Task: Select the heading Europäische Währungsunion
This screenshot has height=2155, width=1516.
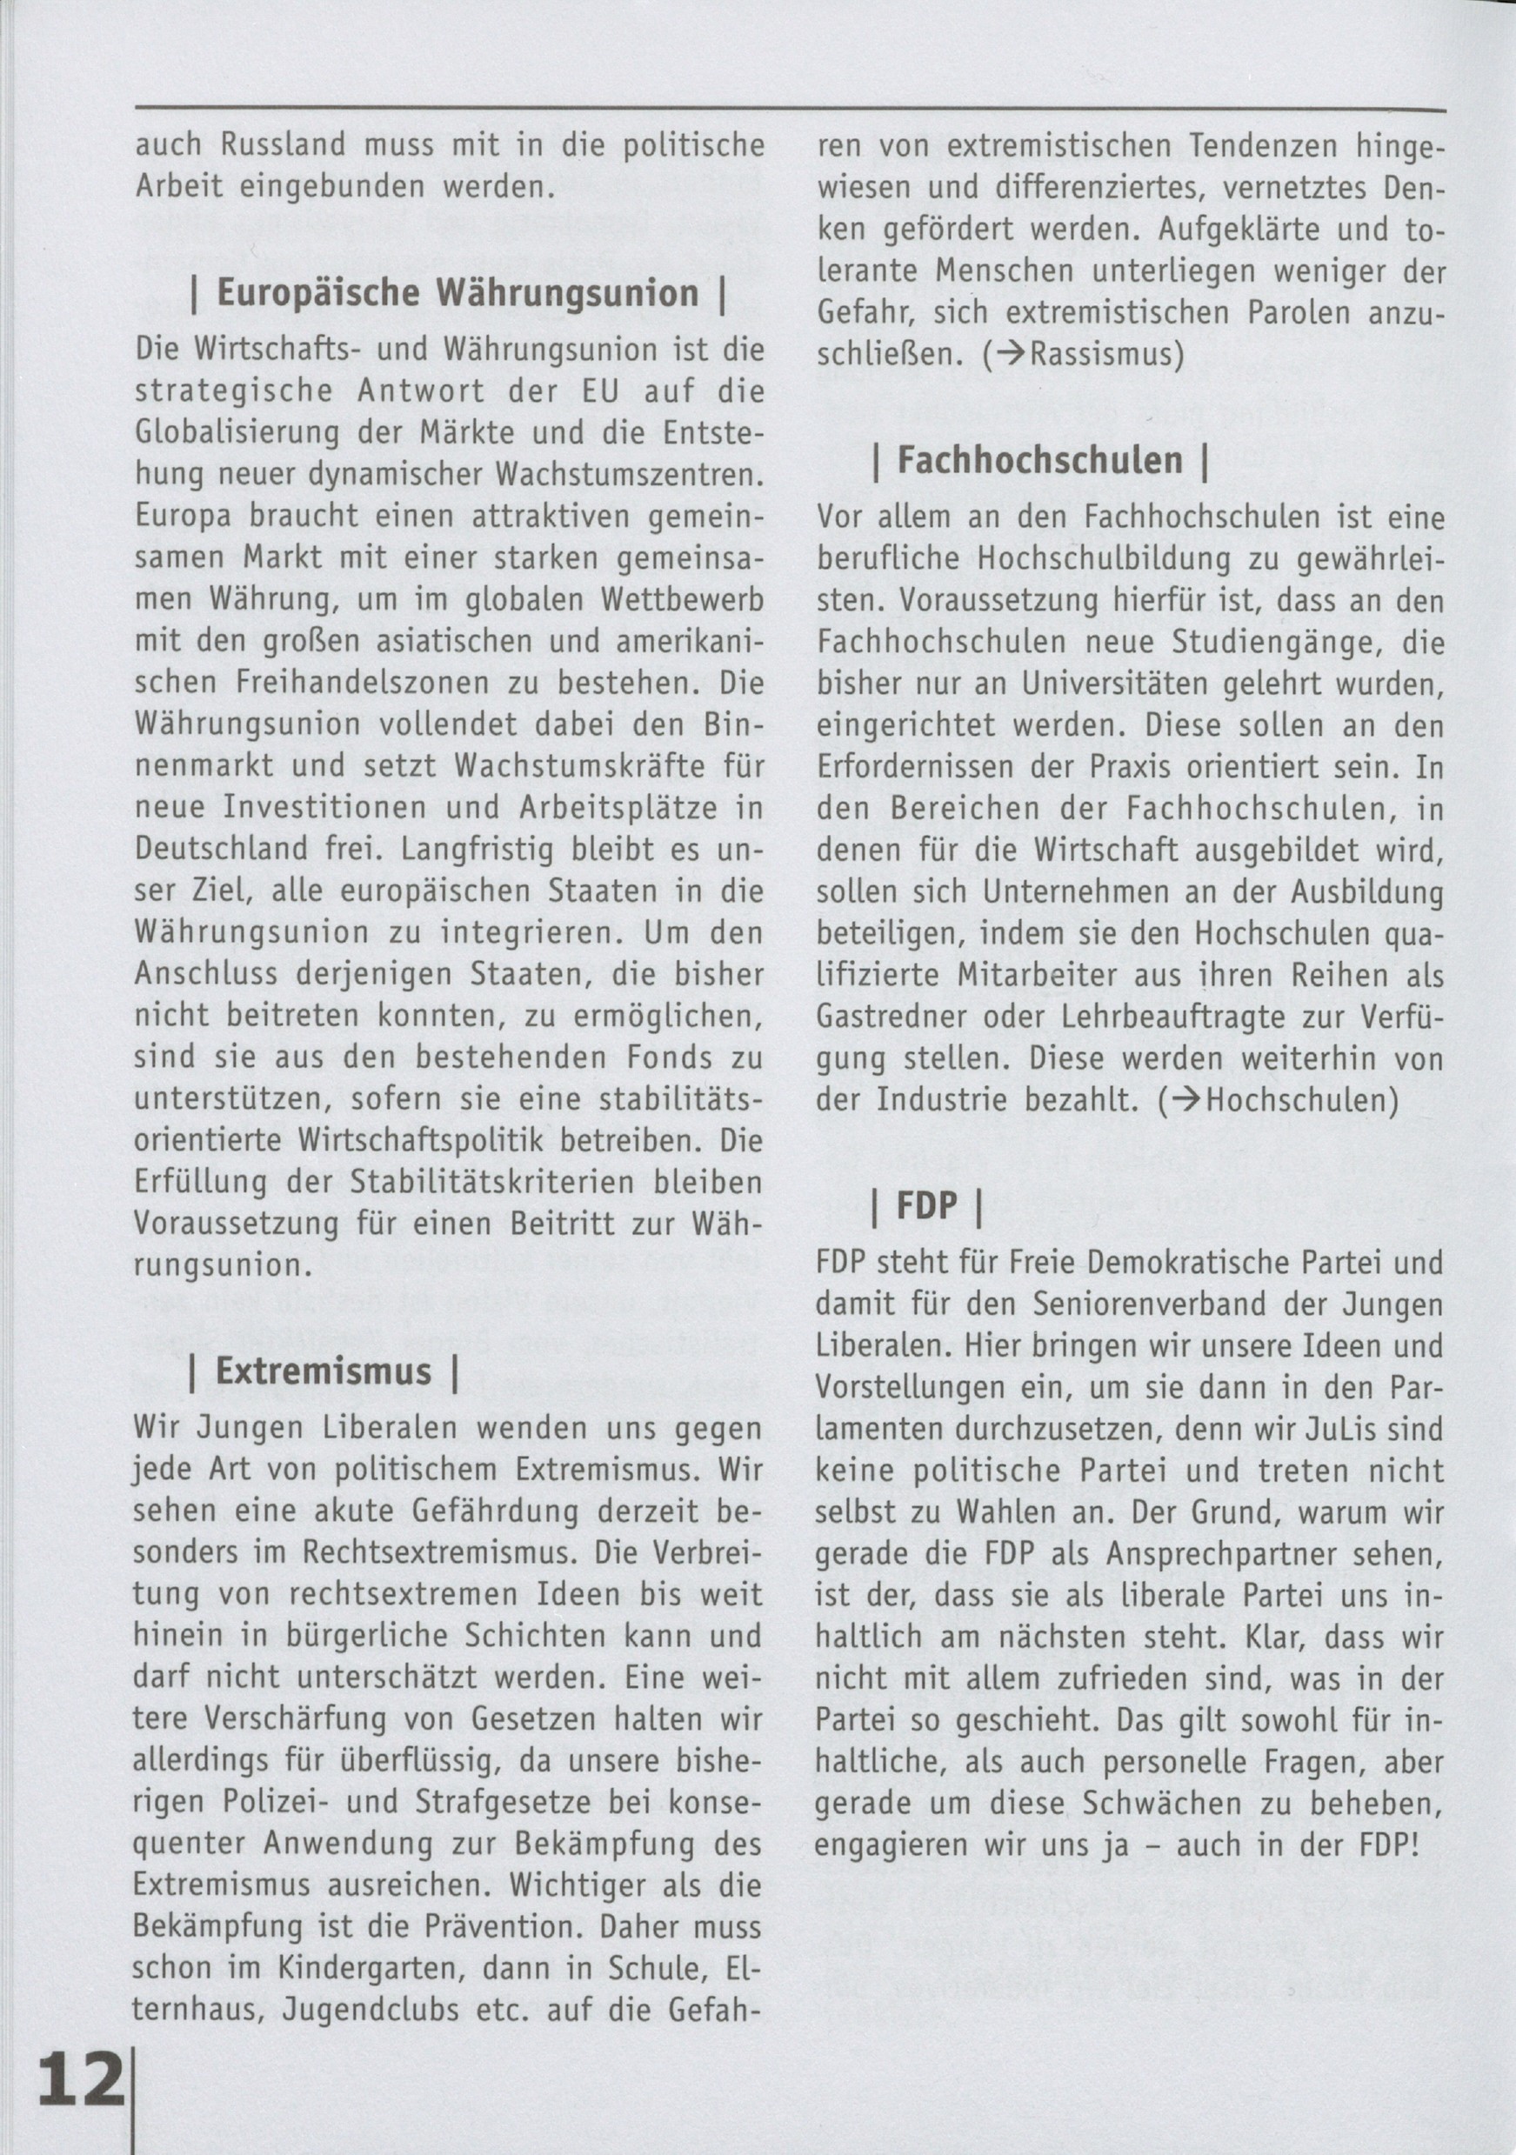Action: [x=457, y=294]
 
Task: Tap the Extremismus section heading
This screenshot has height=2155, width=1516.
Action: [x=323, y=1371]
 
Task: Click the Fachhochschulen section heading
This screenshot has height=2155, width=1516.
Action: [x=1040, y=460]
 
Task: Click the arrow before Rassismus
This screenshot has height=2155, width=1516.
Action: [x=1011, y=355]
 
